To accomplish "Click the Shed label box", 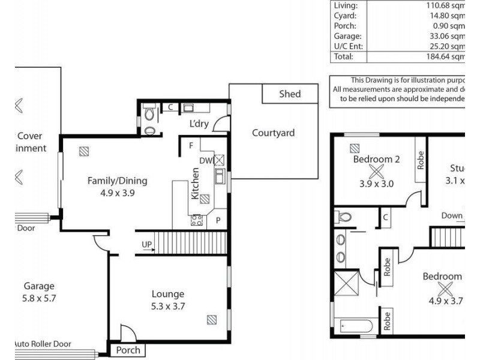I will coord(290,94).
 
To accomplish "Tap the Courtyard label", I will coord(273,133).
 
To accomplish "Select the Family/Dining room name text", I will coord(117,181).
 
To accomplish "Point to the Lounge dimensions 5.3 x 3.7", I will coord(167,306).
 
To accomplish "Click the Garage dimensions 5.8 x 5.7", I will coord(39,298).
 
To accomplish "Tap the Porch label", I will coord(128,350).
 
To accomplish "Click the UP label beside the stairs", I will coord(146,244).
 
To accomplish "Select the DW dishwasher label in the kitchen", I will coord(205,160).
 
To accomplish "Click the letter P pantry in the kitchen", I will coord(218,220).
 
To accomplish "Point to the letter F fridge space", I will coord(191,146).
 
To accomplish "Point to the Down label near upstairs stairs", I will coord(451,216).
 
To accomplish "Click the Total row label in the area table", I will coord(343,56).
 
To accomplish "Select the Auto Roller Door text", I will coord(51,344).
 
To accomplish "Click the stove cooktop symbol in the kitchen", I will coord(196,220).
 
